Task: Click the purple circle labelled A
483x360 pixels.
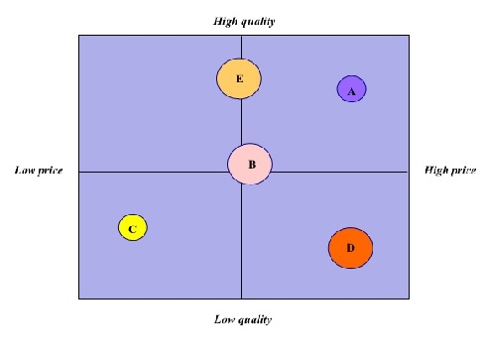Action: tap(351, 89)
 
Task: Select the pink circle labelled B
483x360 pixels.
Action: tap(250, 165)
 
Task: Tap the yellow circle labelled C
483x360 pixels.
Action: tap(132, 228)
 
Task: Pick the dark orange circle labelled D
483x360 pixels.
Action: tap(350, 247)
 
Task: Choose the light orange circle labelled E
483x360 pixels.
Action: tap(238, 77)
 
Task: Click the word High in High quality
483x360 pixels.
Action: tap(225, 21)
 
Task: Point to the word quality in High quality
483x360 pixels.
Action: tap(256, 21)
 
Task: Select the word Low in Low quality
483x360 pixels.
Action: tap(224, 319)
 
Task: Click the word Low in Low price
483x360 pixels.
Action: tap(25, 171)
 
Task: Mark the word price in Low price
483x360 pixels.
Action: tap(50, 171)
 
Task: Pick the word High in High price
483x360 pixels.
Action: tap(437, 171)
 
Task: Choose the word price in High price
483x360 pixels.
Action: tap(464, 171)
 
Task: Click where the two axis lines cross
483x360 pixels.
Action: tap(241, 172)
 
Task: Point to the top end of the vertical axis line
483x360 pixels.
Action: tap(241, 36)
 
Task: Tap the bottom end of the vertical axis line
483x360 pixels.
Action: tap(241, 298)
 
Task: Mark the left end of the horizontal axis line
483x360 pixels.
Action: tap(78, 172)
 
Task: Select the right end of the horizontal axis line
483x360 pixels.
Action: tap(408, 172)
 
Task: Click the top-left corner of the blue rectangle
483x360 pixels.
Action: tap(78, 36)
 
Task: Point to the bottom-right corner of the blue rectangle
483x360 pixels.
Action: tap(408, 298)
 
